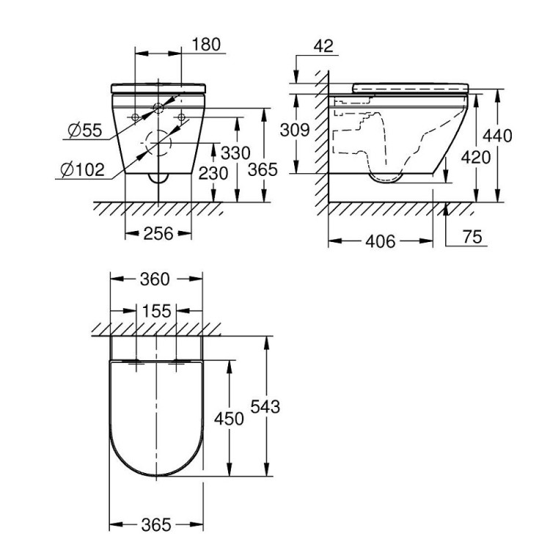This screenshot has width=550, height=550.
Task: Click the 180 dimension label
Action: [206, 44]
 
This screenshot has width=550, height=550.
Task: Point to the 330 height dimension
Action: [235, 153]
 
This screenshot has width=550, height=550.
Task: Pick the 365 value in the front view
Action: [263, 169]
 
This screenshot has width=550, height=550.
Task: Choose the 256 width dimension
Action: [158, 233]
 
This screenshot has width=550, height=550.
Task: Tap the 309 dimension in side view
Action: [295, 130]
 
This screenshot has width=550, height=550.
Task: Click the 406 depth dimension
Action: [380, 241]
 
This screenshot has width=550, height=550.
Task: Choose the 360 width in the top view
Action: [155, 279]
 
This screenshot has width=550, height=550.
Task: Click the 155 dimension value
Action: [156, 311]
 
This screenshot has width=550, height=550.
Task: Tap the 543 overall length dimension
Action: [265, 406]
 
